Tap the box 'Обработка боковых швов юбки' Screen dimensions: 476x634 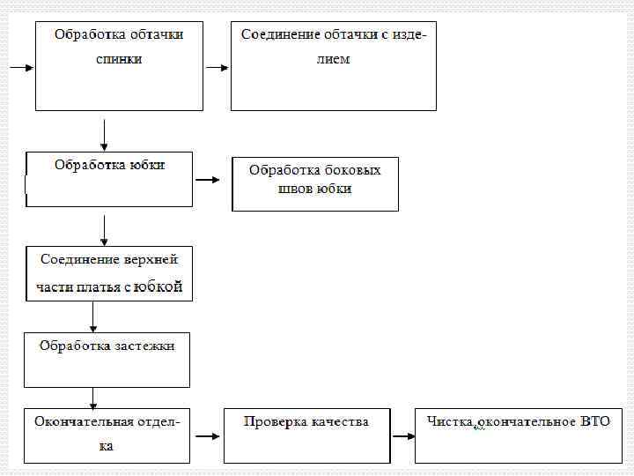(314, 183)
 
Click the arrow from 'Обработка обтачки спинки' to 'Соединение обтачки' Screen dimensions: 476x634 (216, 67)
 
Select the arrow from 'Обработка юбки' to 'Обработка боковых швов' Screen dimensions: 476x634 (207, 180)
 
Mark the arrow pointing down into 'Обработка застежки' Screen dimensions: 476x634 (92, 315)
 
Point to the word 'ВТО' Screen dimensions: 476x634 (594, 421)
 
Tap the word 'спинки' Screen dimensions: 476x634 (119, 59)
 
